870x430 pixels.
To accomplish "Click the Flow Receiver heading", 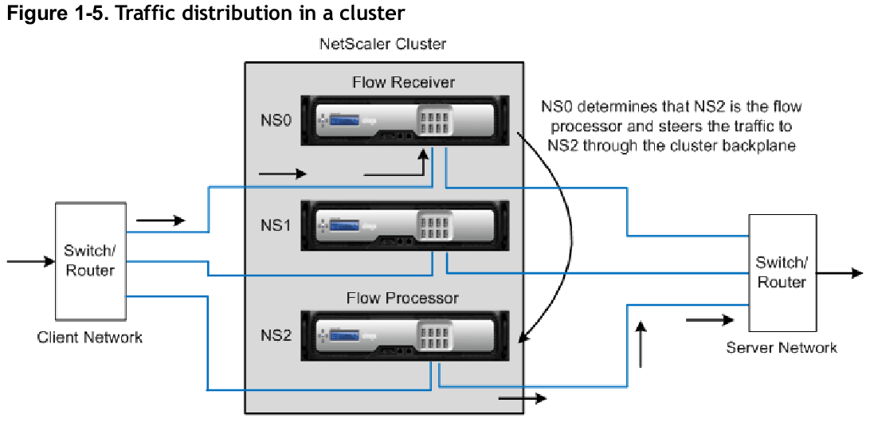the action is coord(403,83).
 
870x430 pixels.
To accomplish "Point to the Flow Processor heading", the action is coord(403,298).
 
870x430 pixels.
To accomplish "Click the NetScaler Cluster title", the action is coord(383,44).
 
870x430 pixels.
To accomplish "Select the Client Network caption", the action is coord(89,337).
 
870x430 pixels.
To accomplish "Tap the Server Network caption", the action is coord(782,348).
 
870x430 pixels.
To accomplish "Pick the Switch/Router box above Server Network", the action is coord(782,272).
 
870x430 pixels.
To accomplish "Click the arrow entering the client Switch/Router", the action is coord(30,261).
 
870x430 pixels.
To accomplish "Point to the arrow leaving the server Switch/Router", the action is coord(840,273).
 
